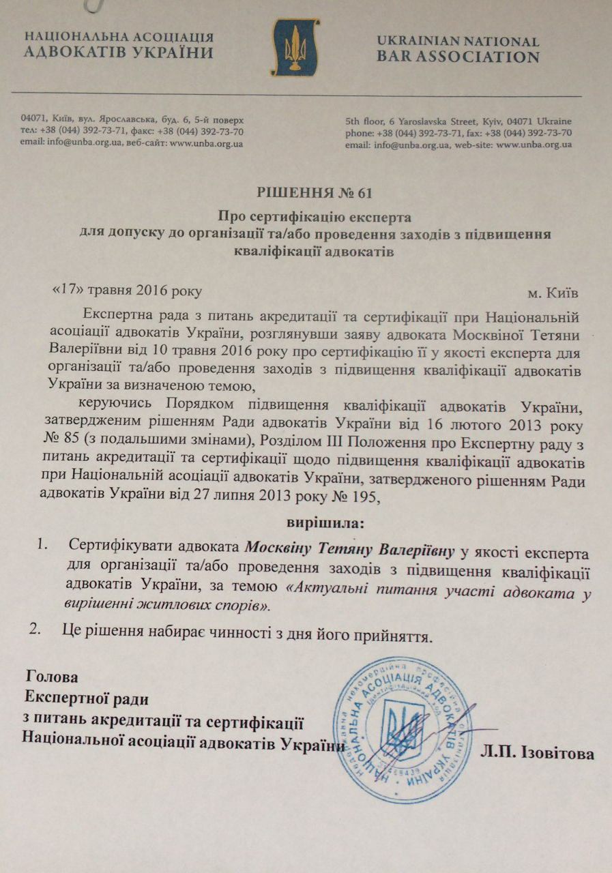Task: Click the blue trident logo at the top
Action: (295, 47)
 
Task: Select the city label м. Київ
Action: (554, 293)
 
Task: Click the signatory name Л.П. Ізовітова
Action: (537, 754)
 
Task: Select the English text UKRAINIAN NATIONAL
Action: (458, 42)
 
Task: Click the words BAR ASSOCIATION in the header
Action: (458, 57)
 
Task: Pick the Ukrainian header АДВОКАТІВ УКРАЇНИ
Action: (118, 53)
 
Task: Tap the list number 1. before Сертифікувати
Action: (44, 546)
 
